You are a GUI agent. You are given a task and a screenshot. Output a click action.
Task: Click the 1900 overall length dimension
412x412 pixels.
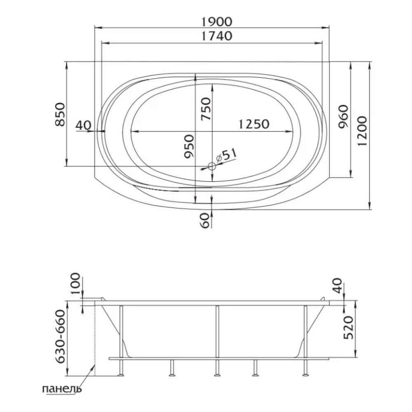click(217, 22)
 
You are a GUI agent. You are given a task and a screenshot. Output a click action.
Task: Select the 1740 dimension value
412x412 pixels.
click(217, 36)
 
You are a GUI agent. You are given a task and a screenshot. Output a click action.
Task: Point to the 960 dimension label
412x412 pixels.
click(343, 117)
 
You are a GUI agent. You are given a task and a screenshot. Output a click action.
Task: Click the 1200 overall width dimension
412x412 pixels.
click(362, 131)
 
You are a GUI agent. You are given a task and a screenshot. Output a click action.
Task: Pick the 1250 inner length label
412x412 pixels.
click(254, 124)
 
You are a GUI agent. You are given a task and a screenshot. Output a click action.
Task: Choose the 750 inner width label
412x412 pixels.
click(206, 109)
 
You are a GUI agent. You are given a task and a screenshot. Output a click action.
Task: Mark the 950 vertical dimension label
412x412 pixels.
click(189, 146)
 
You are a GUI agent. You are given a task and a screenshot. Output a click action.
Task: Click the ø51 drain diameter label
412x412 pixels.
click(226, 156)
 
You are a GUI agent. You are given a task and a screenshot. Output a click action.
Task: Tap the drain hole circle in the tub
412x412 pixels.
click(211, 166)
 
